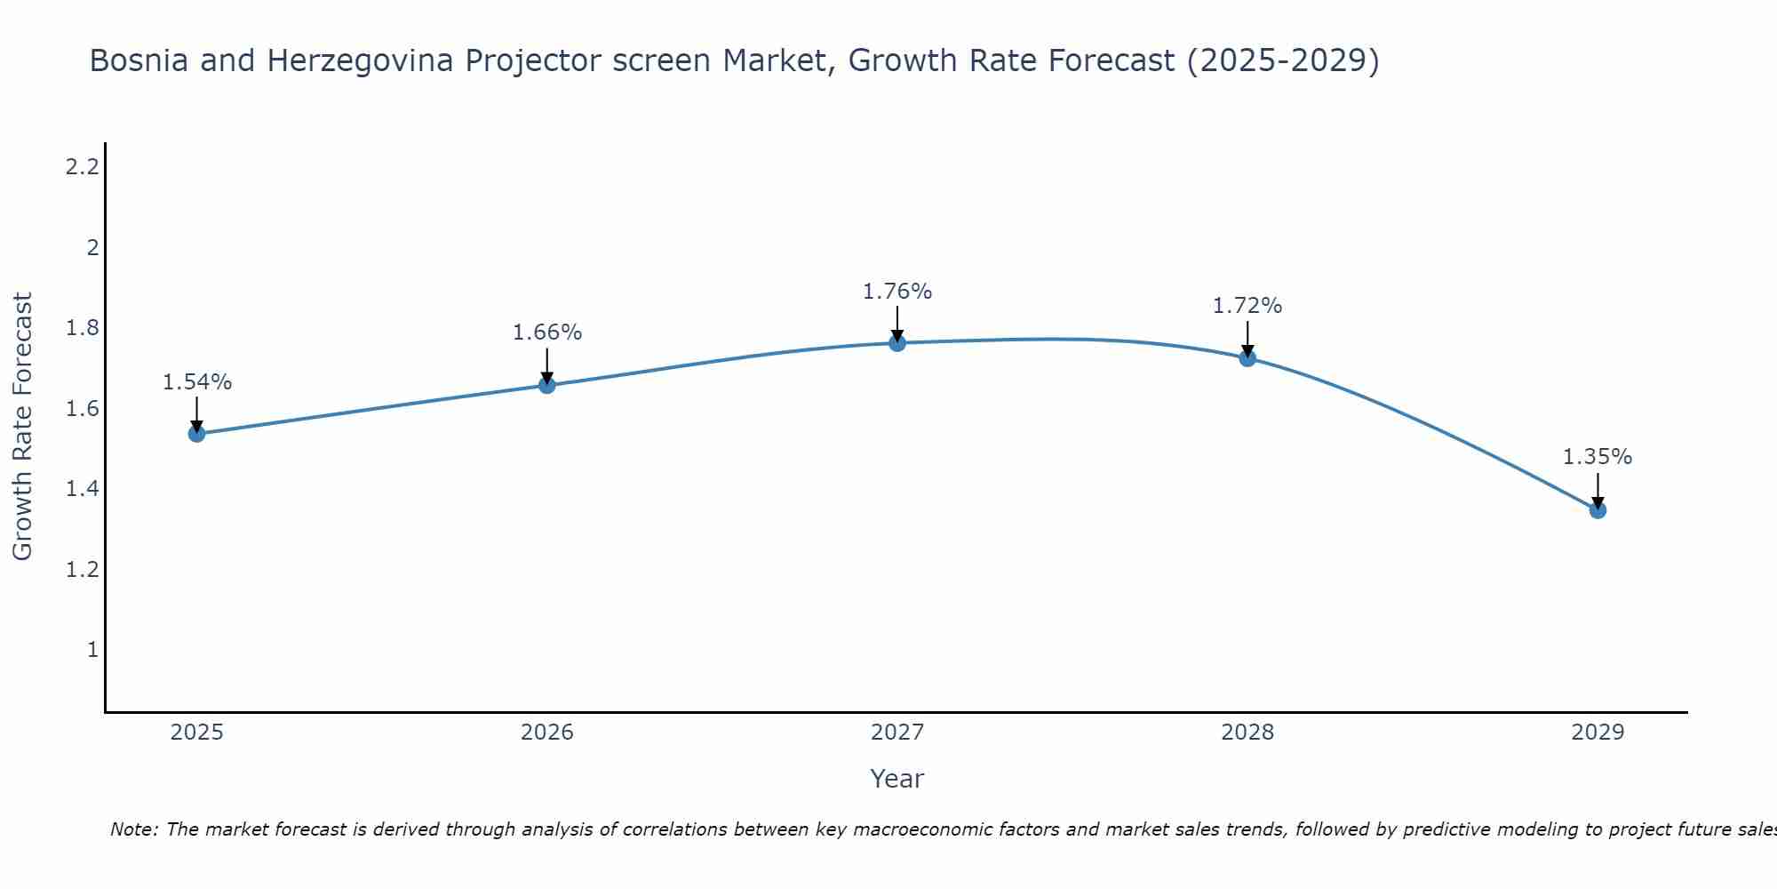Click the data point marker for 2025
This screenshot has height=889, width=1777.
coord(197,434)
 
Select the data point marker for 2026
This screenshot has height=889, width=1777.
coord(547,385)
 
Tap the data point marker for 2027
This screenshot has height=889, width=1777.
coord(897,343)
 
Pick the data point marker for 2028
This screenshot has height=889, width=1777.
coord(1247,358)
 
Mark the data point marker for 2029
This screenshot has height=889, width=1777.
coord(1598,510)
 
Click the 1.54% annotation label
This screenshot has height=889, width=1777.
coord(197,382)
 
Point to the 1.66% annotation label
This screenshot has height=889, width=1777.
coord(547,332)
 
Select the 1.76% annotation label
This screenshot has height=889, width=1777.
coord(897,292)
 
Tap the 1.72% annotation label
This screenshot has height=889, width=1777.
coord(1247,306)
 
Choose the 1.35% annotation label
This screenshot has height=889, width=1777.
coord(1598,457)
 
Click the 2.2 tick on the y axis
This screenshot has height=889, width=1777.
coord(82,166)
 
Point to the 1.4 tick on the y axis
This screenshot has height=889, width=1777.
coord(82,489)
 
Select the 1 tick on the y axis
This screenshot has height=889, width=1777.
coord(92,650)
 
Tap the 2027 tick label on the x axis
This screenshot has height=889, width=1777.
coord(897,733)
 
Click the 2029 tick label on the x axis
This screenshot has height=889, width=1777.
coord(1598,733)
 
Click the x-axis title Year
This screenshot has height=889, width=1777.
coord(897,779)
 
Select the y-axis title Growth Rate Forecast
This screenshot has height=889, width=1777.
coord(23,427)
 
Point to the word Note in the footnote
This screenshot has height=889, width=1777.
coord(133,829)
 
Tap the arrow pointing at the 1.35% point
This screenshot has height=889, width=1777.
coord(1598,492)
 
